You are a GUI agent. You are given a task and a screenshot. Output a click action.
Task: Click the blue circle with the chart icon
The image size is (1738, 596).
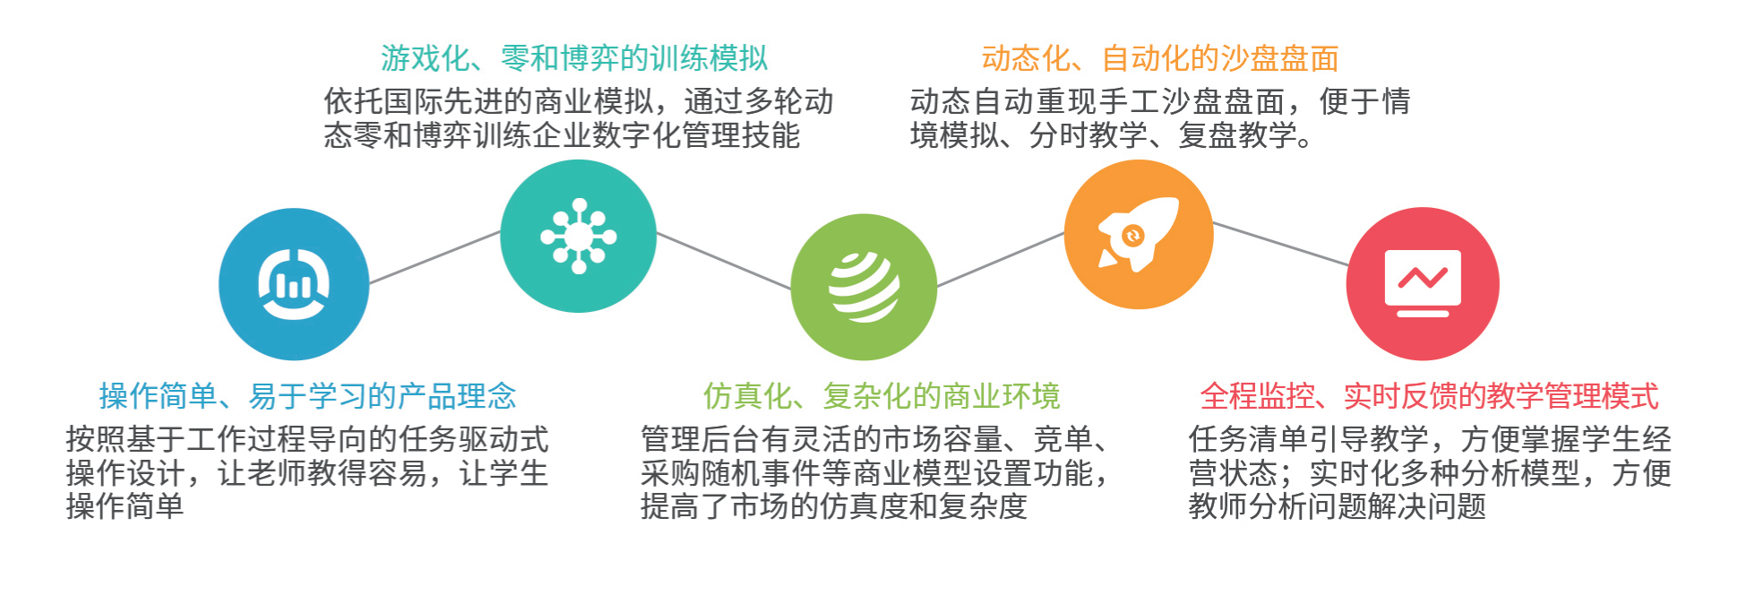[x=294, y=284]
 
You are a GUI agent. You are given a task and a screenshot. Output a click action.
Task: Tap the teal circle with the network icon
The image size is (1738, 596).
[x=578, y=236]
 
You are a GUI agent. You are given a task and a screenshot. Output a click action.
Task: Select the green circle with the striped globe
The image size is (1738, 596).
[x=864, y=287]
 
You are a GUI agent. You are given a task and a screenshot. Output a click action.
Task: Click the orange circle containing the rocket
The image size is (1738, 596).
[x=1138, y=235]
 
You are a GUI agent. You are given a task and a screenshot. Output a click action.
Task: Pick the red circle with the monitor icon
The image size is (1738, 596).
[x=1423, y=284]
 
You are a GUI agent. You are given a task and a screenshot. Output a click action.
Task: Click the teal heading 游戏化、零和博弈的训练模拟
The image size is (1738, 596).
[x=574, y=58]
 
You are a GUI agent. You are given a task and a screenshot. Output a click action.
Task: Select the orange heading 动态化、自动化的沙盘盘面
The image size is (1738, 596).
[x=1160, y=58]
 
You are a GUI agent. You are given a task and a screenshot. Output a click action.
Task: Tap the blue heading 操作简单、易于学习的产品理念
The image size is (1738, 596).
[x=307, y=395]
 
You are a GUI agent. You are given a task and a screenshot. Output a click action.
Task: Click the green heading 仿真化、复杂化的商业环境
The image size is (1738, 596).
[x=882, y=395]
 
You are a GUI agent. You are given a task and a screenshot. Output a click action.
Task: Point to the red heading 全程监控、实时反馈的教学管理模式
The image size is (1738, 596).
[x=1430, y=395]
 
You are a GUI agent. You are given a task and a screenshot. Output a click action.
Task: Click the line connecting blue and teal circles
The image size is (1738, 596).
[x=434, y=257]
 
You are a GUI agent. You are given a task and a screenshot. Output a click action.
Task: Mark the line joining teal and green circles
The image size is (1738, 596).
[x=724, y=261]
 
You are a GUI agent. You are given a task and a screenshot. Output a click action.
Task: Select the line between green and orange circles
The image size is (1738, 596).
[x=1001, y=259]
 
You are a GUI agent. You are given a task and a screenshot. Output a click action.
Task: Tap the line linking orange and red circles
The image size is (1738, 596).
[x=1280, y=244]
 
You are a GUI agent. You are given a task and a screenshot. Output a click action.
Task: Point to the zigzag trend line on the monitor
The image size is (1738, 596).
[x=1423, y=277]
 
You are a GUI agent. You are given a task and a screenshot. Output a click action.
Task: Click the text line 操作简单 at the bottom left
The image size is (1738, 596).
[x=125, y=506]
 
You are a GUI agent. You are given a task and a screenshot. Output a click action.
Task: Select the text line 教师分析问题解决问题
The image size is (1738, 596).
[x=1337, y=506]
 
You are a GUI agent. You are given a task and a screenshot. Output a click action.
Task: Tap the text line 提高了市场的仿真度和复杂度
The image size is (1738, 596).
[x=833, y=506]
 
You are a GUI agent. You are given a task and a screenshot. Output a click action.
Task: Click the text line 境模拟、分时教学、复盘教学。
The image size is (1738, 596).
[x=1111, y=135]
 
